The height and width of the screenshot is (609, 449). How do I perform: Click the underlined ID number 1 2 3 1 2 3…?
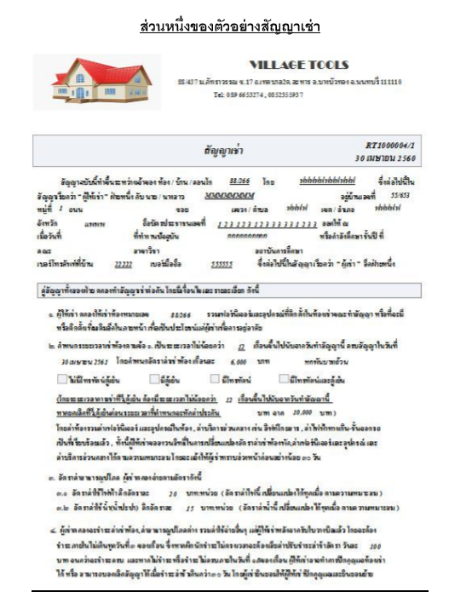[261, 221]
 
